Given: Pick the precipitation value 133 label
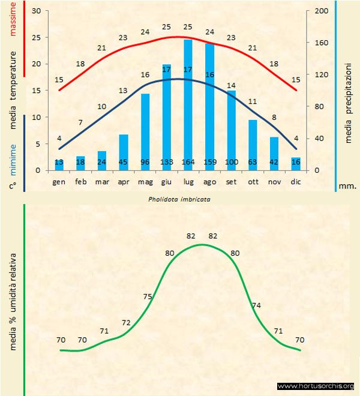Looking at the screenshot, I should click(166, 162).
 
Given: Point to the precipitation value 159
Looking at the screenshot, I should click(209, 162).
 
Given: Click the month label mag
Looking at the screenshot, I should click(145, 181).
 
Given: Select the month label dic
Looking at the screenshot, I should click(295, 181).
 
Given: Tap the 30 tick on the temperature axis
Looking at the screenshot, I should click(35, 11).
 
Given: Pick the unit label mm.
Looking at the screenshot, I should click(347, 186).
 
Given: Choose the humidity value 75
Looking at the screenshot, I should click(148, 296).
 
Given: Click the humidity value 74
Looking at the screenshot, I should click(256, 305).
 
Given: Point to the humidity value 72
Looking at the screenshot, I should click(126, 323).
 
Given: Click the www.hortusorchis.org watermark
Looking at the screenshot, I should click(316, 386).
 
